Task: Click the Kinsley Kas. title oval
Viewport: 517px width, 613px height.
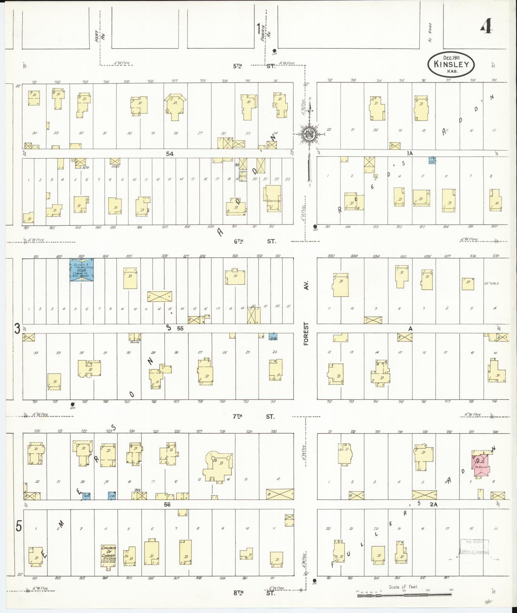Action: [451, 64]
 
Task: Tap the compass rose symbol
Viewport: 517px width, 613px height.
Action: [310, 134]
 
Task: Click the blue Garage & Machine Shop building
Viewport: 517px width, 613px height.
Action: [82, 270]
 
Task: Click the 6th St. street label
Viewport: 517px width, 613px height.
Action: [254, 241]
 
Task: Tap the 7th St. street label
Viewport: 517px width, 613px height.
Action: [254, 416]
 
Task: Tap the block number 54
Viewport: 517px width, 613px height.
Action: [170, 154]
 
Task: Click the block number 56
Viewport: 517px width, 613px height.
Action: [167, 504]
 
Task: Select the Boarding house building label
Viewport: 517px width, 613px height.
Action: [273, 201]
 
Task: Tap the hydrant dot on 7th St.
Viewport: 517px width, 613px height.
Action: [73, 403]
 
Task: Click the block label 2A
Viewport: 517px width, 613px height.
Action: [434, 504]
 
